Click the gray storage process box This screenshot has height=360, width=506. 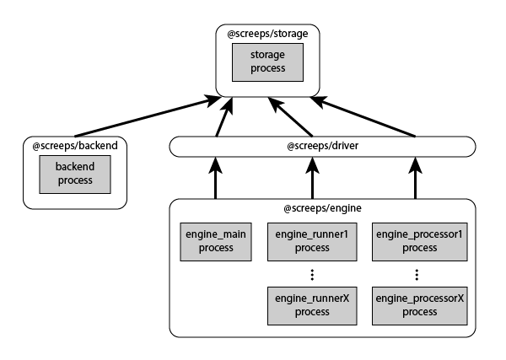tap(268, 62)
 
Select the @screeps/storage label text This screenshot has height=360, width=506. tap(268, 34)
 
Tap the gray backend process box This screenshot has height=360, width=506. tap(74, 173)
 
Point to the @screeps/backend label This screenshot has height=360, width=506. tap(74, 146)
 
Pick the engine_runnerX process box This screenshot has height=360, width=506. tap(311, 304)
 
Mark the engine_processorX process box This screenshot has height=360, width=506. tap(419, 304)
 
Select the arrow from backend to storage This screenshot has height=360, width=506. tap(143, 117)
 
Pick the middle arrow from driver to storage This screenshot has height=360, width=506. tap(290, 117)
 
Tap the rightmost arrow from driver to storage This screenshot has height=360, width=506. tap(367, 117)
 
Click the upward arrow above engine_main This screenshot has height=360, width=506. tap(216, 178)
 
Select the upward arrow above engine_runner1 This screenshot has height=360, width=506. tap(311, 178)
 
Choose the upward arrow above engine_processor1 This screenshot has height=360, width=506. tap(415, 178)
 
